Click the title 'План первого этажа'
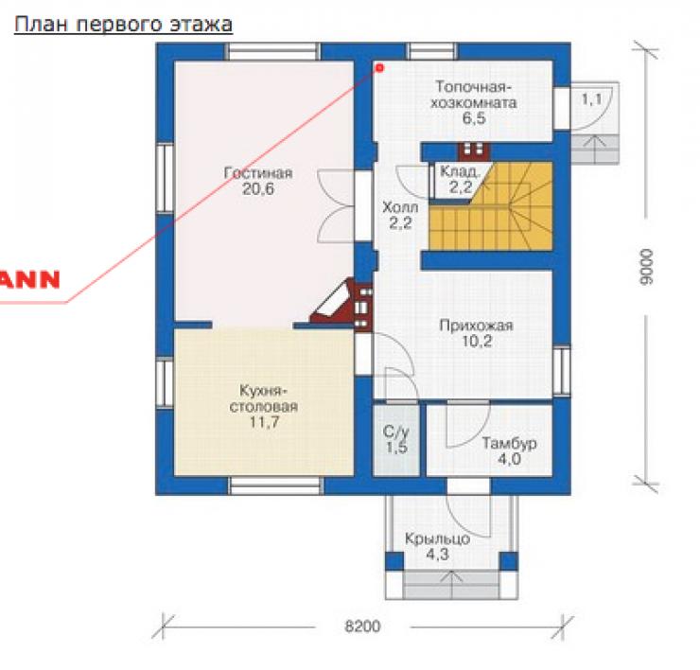click(x=123, y=25)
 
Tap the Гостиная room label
click(x=258, y=173)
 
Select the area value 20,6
click(x=258, y=189)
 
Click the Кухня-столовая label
click(x=263, y=398)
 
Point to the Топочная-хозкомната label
click(x=474, y=95)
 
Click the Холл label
click(x=400, y=207)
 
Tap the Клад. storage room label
click(x=460, y=171)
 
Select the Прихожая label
click(x=477, y=326)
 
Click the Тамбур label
click(x=509, y=443)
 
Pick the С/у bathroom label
click(x=396, y=432)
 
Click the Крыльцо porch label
click(x=437, y=538)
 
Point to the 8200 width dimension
click(x=362, y=626)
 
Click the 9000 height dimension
click(x=646, y=267)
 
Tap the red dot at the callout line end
click(x=380, y=68)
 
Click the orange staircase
click(x=491, y=206)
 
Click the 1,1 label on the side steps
click(x=591, y=98)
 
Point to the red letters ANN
click(x=30, y=279)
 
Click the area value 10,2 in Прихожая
click(x=477, y=342)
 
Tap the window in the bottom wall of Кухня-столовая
click(x=276, y=485)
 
